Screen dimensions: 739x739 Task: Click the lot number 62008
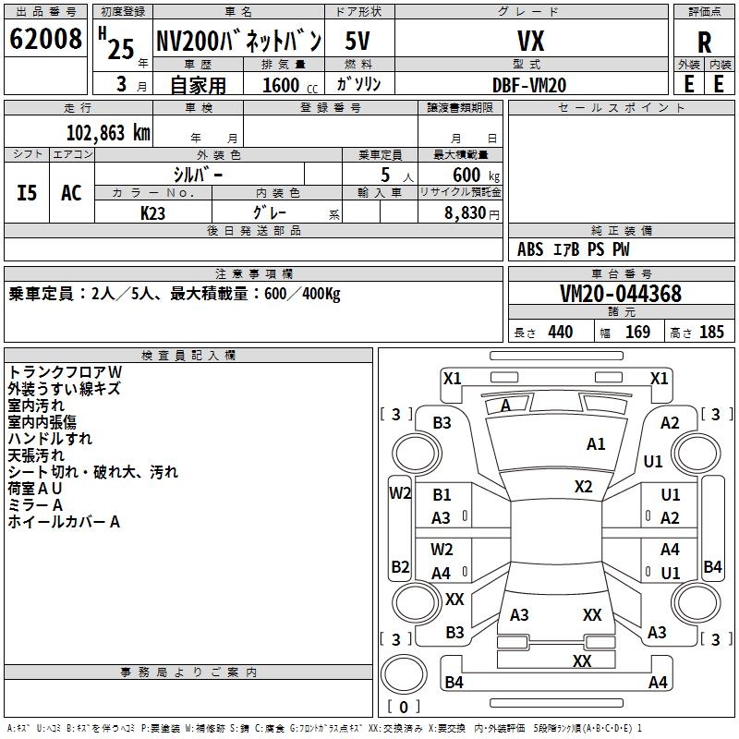pyautogui.click(x=44, y=40)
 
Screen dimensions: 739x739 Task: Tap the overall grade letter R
pyautogui.click(x=705, y=42)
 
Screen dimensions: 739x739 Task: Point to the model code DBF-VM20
pyautogui.click(x=529, y=84)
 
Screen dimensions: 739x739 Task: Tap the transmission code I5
pyautogui.click(x=27, y=192)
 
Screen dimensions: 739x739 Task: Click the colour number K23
pyautogui.click(x=153, y=212)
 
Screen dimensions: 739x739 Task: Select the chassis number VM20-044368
pyautogui.click(x=621, y=294)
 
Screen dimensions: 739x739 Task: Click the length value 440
pyautogui.click(x=560, y=333)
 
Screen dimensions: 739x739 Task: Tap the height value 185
pyautogui.click(x=711, y=333)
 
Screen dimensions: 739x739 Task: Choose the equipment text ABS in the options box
pyautogui.click(x=530, y=249)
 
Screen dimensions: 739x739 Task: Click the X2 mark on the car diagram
pyautogui.click(x=584, y=486)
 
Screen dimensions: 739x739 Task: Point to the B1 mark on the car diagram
pyautogui.click(x=442, y=495)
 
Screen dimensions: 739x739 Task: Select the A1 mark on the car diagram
pyautogui.click(x=597, y=444)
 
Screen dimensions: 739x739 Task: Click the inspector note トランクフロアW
pyautogui.click(x=65, y=371)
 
